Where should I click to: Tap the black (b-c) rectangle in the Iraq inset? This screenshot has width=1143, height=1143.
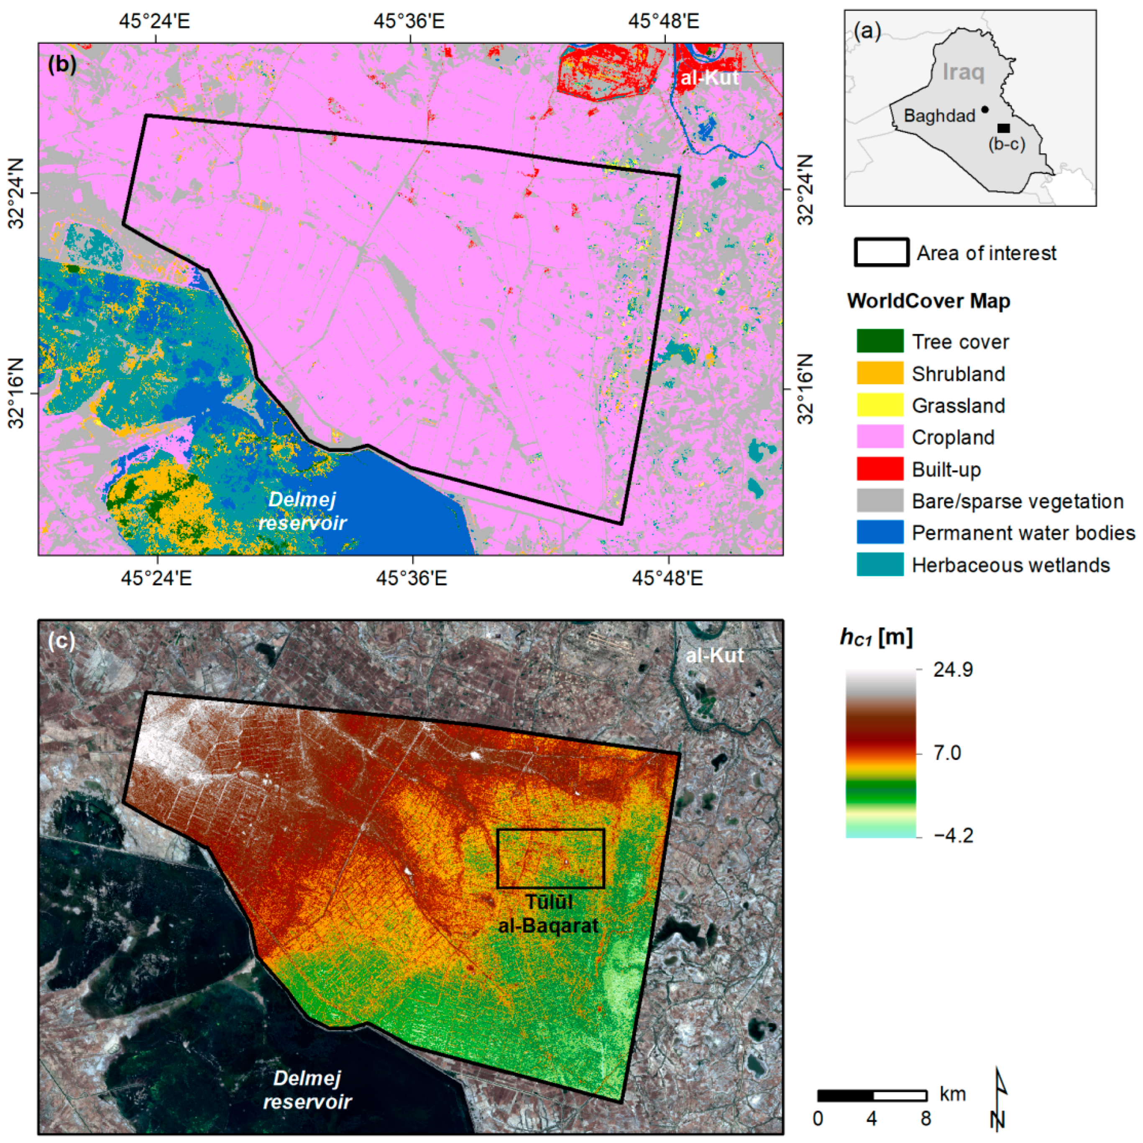(1003, 128)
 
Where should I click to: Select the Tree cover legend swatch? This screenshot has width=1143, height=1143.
(880, 341)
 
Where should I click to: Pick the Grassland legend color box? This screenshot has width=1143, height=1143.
(880, 405)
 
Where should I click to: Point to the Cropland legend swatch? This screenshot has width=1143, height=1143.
(880, 437)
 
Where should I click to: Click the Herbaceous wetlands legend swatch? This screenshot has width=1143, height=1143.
(880, 565)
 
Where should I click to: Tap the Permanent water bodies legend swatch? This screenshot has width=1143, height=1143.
(880, 532)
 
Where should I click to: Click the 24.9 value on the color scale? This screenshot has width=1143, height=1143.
(953, 670)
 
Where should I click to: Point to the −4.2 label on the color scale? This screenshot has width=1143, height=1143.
(953, 835)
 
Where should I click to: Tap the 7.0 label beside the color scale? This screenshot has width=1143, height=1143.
(947, 753)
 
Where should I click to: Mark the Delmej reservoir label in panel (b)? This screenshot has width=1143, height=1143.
(302, 511)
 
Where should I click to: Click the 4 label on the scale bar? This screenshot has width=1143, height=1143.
(872, 1118)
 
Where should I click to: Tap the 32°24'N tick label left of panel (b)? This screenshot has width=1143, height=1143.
(16, 193)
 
